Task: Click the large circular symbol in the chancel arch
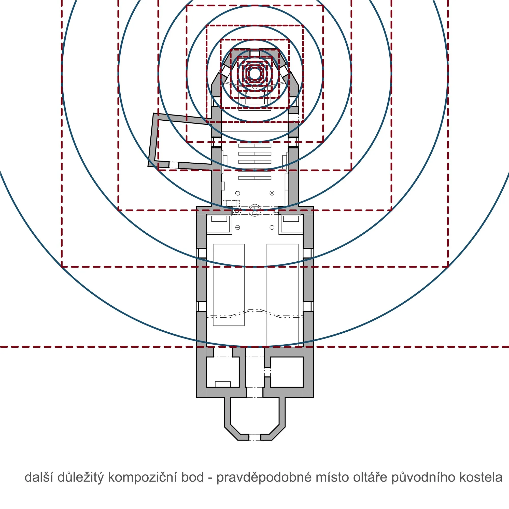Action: pyautogui.click(x=254, y=210)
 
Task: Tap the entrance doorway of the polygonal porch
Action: pyautogui.click(x=255, y=437)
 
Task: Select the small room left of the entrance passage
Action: pyautogui.click(x=223, y=372)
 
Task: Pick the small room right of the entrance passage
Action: pyautogui.click(x=287, y=372)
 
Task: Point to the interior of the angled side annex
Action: pyautogui.click(x=185, y=142)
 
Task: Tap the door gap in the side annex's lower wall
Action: pyautogui.click(x=174, y=165)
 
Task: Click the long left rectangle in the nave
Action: pyautogui.click(x=229, y=285)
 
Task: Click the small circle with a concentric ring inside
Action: pyautogui.click(x=272, y=193)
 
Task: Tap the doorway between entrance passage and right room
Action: pyautogui.click(x=267, y=372)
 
